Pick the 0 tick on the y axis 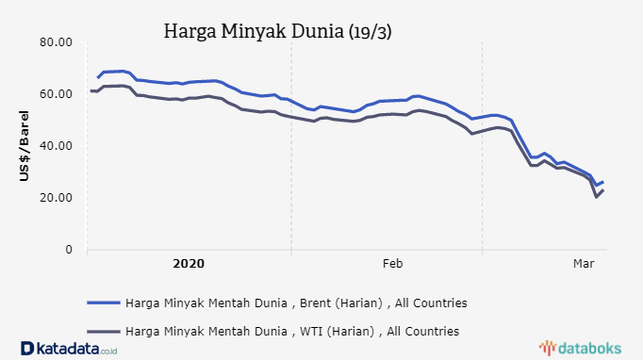click(x=68, y=250)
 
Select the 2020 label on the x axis click(x=189, y=264)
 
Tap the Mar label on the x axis click(x=584, y=264)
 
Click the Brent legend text click(x=296, y=303)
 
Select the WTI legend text click(x=292, y=331)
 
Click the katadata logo click(x=71, y=348)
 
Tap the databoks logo click(x=585, y=348)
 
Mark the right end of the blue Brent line click(x=603, y=182)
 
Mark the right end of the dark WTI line click(x=603, y=190)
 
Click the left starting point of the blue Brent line click(x=97, y=77)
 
